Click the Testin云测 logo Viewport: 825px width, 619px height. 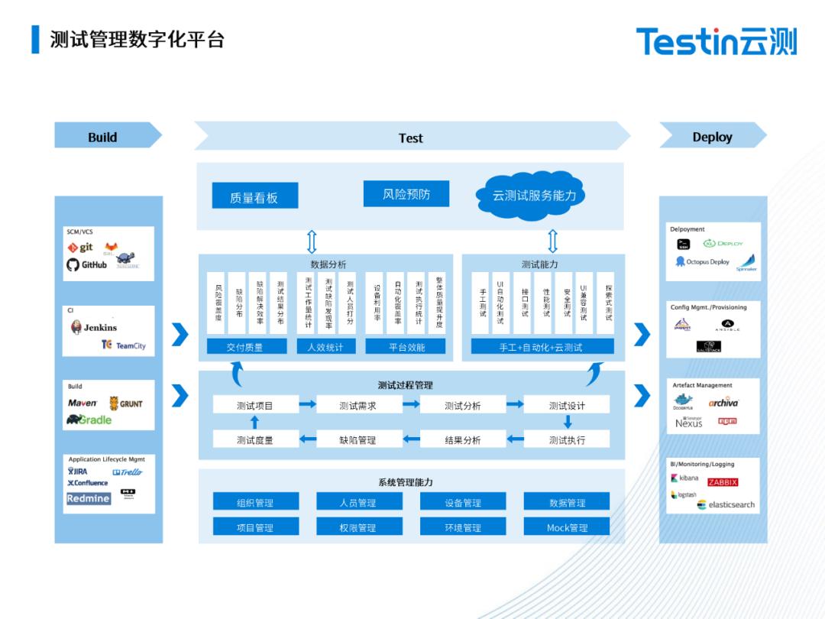click(716, 41)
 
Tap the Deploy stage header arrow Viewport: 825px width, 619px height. click(712, 137)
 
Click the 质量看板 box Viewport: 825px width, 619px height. click(254, 197)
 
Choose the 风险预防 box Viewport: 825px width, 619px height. click(406, 194)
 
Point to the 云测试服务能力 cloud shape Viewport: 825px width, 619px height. click(534, 196)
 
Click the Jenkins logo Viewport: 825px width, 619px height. click(94, 327)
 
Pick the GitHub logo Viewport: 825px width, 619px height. click(87, 265)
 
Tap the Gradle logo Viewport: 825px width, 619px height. click(89, 420)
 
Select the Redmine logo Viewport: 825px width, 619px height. click(88, 498)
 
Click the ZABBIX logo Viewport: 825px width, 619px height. click(723, 482)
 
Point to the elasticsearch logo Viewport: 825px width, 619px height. click(726, 504)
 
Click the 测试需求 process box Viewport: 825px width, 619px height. click(357, 405)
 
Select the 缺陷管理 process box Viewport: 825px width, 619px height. click(357, 440)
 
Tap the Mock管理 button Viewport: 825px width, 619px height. click(567, 527)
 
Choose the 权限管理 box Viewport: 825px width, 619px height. click(357, 527)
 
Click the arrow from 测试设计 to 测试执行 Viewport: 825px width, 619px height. click(568, 422)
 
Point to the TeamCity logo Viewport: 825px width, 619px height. click(124, 345)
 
